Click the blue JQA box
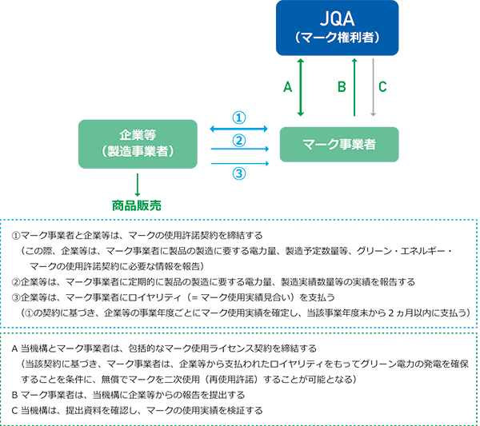click(337, 28)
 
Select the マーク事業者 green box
click(339, 145)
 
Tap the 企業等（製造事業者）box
click(138, 144)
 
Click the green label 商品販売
click(137, 205)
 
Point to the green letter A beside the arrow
click(287, 87)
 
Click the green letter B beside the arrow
click(342, 87)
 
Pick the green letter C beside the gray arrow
click(382, 87)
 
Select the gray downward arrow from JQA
click(373, 87)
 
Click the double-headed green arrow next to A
click(301, 87)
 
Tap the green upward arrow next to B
click(354, 87)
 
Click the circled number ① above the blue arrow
click(239, 117)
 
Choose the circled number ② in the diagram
click(239, 141)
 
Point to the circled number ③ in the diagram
click(239, 173)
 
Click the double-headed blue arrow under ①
click(238, 129)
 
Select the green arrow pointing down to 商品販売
click(138, 185)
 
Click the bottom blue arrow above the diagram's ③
click(240, 164)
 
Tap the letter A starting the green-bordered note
click(14, 348)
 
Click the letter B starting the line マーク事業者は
click(14, 395)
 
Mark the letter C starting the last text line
click(14, 410)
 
